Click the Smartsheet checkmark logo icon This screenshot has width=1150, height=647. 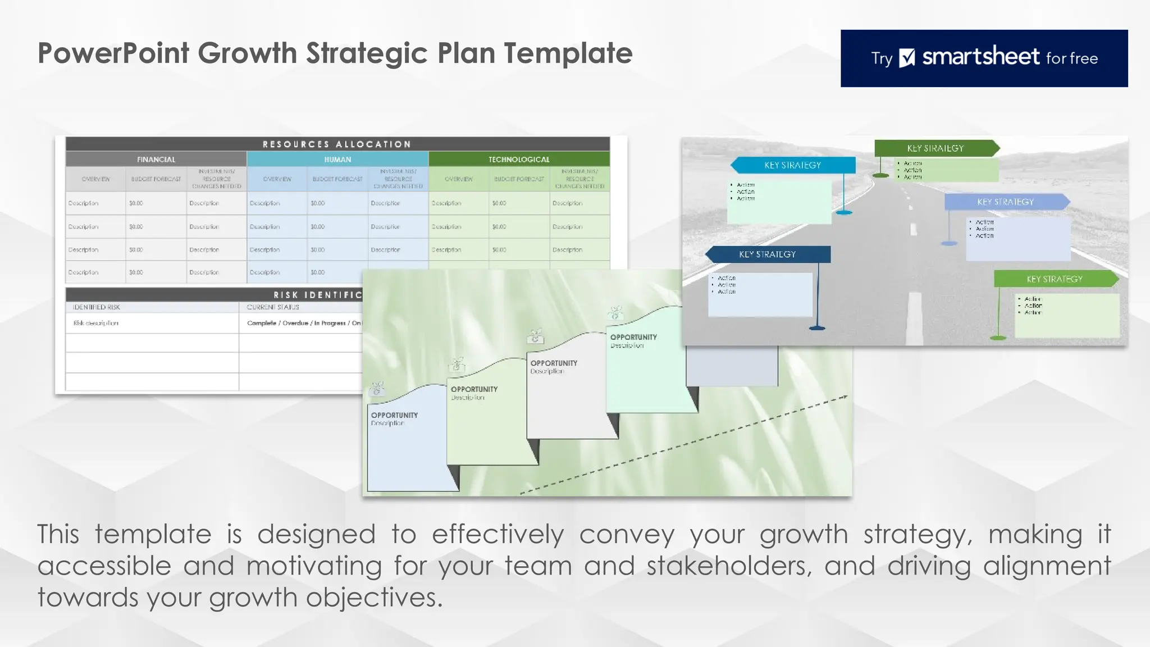click(x=907, y=58)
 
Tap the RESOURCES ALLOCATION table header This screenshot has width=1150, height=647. click(x=337, y=144)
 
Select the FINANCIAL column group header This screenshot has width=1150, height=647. click(x=156, y=160)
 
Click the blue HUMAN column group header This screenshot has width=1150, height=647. click(x=337, y=160)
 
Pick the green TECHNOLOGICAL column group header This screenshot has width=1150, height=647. click(x=519, y=160)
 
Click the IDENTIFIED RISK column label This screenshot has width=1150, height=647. click(x=97, y=307)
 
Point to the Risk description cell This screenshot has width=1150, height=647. click(x=96, y=323)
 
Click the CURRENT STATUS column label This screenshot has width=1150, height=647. click(x=273, y=307)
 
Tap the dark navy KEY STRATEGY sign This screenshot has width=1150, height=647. click(x=768, y=254)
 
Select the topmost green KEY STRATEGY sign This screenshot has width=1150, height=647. click(x=935, y=148)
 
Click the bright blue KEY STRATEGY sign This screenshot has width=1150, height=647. click(x=792, y=165)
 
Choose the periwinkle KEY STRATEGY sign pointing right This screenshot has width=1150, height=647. click(x=1005, y=202)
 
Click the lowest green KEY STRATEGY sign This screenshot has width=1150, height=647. click(x=1055, y=279)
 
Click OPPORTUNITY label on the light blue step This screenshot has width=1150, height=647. click(x=394, y=415)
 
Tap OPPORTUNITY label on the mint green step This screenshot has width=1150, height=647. click(x=633, y=337)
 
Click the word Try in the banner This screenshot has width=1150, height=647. click(x=882, y=58)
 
